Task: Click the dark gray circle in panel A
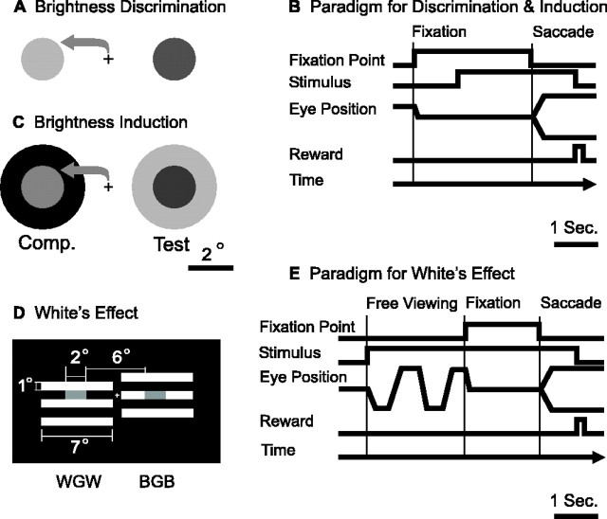169,61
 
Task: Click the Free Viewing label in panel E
411,304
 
